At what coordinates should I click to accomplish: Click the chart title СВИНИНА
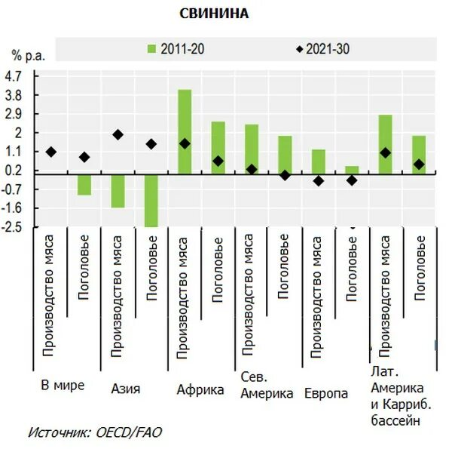pyautogui.click(x=214, y=14)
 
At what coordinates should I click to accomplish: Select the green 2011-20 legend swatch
pyautogui.click(x=151, y=50)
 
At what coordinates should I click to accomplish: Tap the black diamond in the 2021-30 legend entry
pyautogui.click(x=299, y=50)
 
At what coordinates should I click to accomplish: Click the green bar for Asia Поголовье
pyautogui.click(x=151, y=200)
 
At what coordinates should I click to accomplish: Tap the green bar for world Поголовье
pyautogui.click(x=84, y=184)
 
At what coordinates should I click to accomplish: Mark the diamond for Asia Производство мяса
pyautogui.click(x=118, y=134)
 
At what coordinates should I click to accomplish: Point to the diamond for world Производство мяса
pyautogui.click(x=50, y=152)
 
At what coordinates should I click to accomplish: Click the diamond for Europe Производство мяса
pyautogui.click(x=319, y=181)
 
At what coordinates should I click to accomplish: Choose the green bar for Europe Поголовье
pyautogui.click(x=352, y=170)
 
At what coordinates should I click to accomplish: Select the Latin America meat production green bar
pyautogui.click(x=385, y=144)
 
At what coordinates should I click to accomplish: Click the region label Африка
pyautogui.click(x=200, y=390)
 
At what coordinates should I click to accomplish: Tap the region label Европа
pyautogui.click(x=326, y=394)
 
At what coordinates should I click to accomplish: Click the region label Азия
pyautogui.click(x=125, y=389)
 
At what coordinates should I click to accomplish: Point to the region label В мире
pyautogui.click(x=63, y=386)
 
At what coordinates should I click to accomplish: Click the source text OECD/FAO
pyautogui.click(x=127, y=432)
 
